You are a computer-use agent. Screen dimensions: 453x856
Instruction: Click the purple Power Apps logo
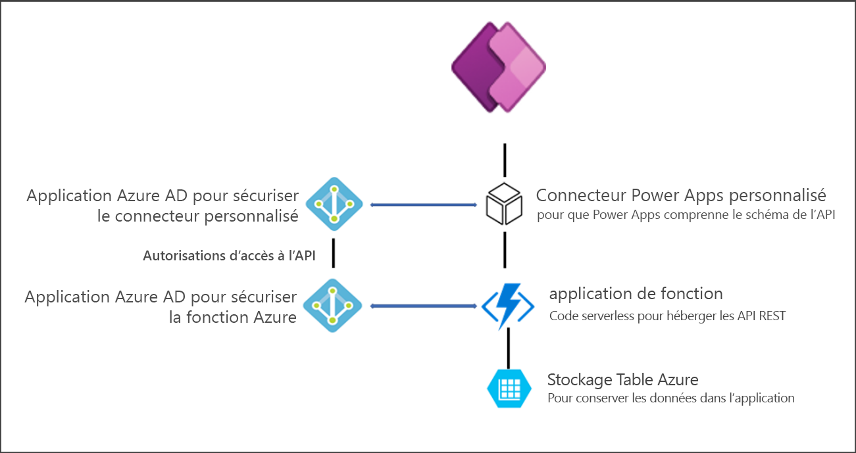pos(499,68)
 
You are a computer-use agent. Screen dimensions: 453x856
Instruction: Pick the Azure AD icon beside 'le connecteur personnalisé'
pos(334,204)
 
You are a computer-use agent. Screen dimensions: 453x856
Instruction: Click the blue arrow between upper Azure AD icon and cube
pos(424,205)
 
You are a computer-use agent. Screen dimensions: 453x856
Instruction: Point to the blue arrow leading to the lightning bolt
pos(424,306)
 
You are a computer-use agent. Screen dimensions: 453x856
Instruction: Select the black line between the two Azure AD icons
pos(334,253)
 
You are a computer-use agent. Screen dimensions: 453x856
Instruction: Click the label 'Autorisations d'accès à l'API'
pos(229,256)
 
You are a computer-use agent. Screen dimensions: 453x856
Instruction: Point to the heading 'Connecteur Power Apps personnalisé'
pos(681,195)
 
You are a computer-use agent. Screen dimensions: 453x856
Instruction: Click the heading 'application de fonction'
pos(636,293)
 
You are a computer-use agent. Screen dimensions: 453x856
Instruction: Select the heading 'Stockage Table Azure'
pos(622,379)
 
